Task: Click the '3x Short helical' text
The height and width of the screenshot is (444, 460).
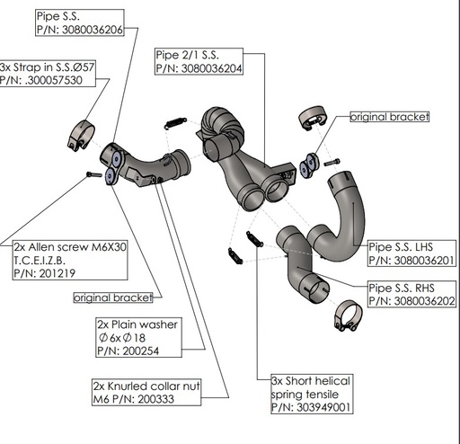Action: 310,380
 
